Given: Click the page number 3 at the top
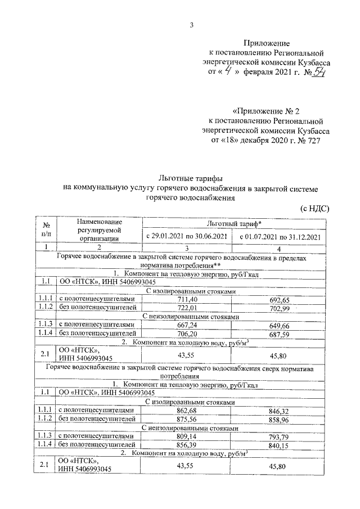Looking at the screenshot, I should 192,24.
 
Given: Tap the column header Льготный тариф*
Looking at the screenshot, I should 235,224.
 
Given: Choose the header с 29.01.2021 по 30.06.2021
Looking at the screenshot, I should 187,237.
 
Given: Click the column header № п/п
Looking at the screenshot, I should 47,230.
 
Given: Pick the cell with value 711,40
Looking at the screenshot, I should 186,299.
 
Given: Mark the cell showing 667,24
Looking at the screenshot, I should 186,325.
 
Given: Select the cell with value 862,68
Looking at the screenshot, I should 186,411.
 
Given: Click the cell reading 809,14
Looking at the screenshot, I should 186,437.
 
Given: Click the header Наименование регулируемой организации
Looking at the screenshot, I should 100,230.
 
